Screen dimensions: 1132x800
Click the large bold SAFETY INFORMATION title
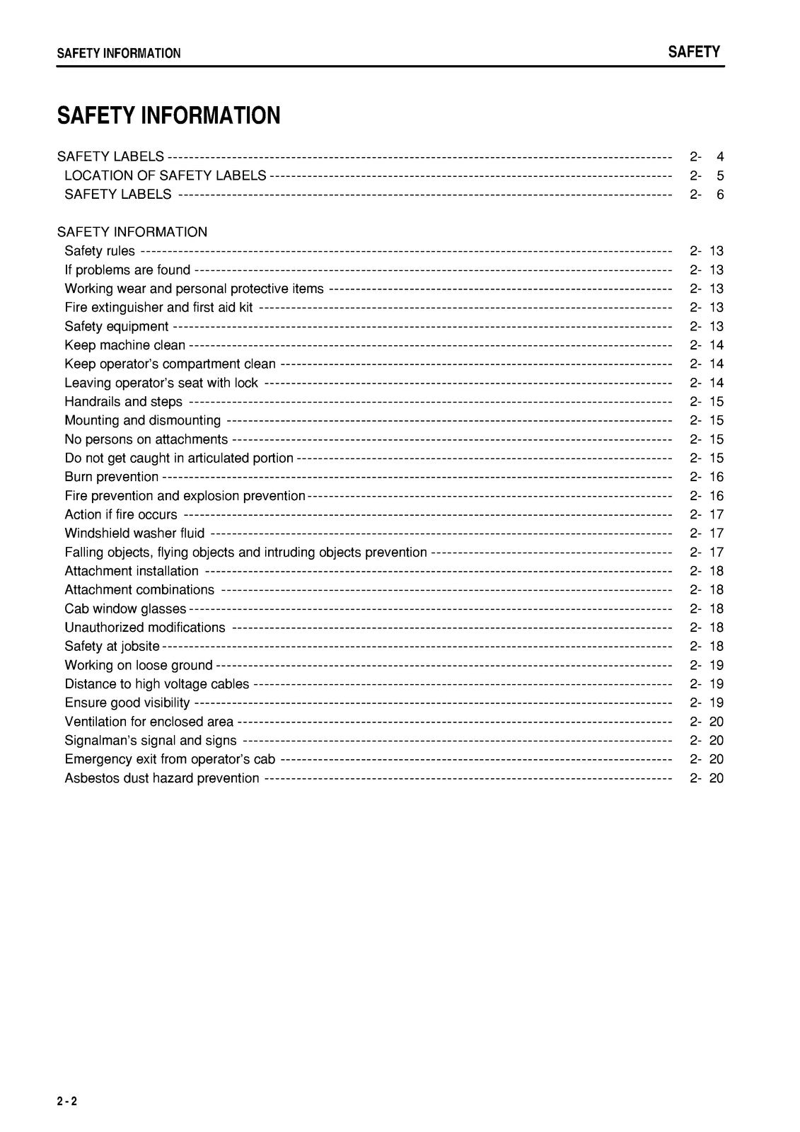[x=168, y=115]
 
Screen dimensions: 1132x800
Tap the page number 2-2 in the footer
[x=67, y=1101]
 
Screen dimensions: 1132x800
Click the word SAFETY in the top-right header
[x=693, y=52]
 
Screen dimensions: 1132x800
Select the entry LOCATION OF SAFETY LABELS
[x=166, y=175]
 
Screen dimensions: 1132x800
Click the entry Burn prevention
[x=111, y=477]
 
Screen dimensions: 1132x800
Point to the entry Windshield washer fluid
[x=134, y=533]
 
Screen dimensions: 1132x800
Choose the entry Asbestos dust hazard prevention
[x=162, y=778]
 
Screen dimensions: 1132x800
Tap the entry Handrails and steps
[x=123, y=402]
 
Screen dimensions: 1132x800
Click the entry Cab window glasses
[x=125, y=608]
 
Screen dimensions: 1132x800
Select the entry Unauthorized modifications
[x=145, y=628]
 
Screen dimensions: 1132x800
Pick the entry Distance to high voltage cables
[x=157, y=684]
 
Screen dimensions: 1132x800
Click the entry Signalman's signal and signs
[x=151, y=741]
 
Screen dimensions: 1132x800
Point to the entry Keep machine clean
[x=124, y=345]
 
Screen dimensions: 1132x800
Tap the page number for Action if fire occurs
[x=706, y=514]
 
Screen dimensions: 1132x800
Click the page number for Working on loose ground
[x=706, y=665]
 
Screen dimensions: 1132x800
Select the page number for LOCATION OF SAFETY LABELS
[x=706, y=175]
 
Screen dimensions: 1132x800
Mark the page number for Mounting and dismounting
[x=706, y=420]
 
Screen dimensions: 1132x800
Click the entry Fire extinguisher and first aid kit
[x=158, y=308]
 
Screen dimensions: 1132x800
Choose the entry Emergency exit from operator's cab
[x=170, y=759]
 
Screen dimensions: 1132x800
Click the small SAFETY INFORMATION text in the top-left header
[x=118, y=53]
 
